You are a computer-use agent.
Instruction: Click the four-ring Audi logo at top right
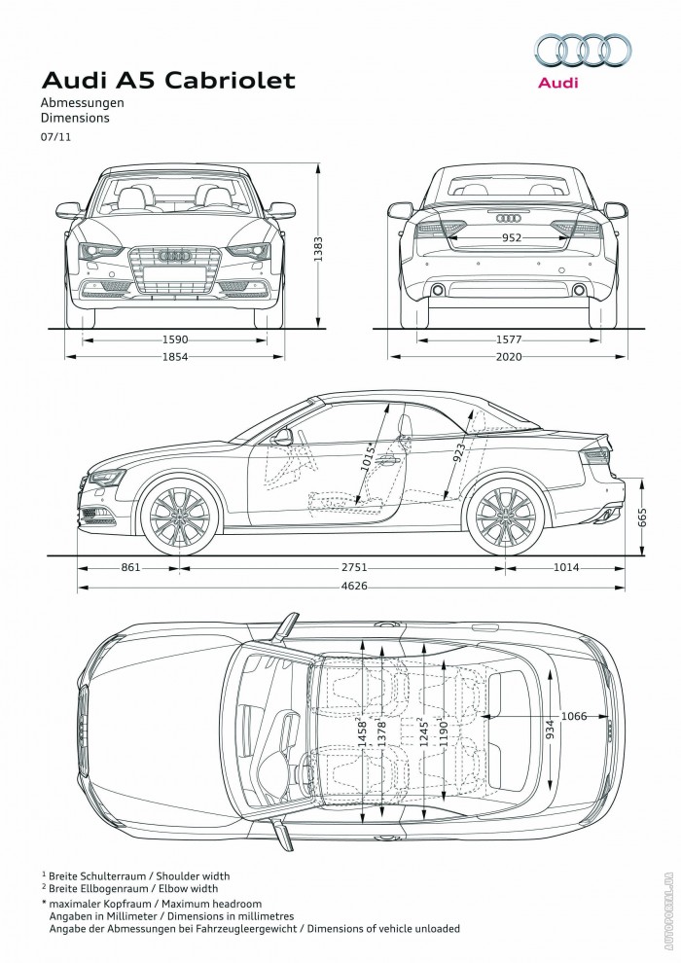point(582,50)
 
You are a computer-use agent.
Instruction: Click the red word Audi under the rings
point(558,84)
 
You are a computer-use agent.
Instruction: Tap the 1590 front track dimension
point(175,339)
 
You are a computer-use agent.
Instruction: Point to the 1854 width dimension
point(175,357)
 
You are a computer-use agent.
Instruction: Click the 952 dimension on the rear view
point(512,237)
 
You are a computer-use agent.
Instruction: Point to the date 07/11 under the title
point(54,137)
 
